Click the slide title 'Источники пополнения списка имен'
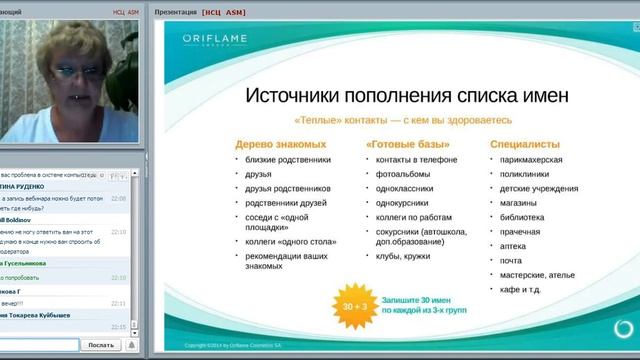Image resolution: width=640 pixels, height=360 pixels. click(393, 96)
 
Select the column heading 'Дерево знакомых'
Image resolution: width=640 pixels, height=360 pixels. click(273, 144)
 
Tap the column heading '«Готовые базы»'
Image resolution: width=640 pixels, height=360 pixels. click(407, 144)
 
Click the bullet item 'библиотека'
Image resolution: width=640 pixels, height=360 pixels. click(523, 216)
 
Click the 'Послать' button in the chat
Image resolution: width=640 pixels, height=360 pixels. click(101, 344)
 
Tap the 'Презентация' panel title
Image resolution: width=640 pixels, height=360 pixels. click(177, 12)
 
